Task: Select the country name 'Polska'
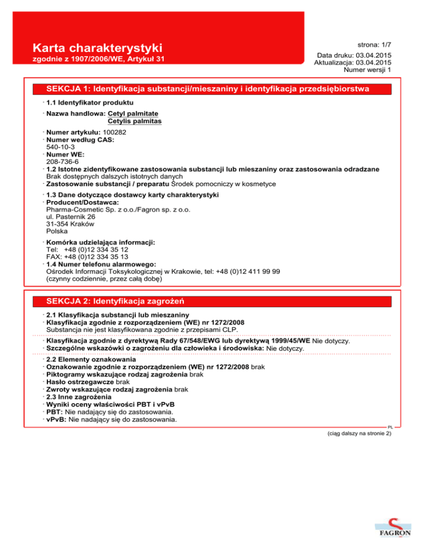57,231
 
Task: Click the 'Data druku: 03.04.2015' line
355,56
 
